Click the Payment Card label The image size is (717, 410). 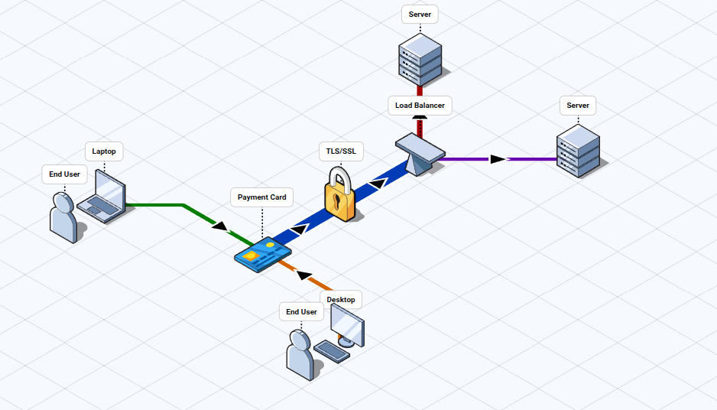click(261, 197)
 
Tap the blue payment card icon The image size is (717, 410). click(262, 254)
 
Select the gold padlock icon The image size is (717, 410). click(340, 197)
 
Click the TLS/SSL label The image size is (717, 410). click(341, 151)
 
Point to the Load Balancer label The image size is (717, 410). click(420, 106)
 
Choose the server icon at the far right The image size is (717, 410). click(578, 151)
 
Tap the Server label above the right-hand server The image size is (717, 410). click(578, 106)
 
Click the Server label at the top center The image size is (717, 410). click(420, 15)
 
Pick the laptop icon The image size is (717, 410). click(103, 197)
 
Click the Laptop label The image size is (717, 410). click(104, 151)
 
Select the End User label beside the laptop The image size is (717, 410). click(64, 174)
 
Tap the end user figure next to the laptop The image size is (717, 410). click(63, 217)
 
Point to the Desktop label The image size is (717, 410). click(341, 299)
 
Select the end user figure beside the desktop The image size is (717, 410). click(300, 355)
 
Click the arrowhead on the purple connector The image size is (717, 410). click(498, 159)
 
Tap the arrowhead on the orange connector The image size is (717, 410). click(304, 275)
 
